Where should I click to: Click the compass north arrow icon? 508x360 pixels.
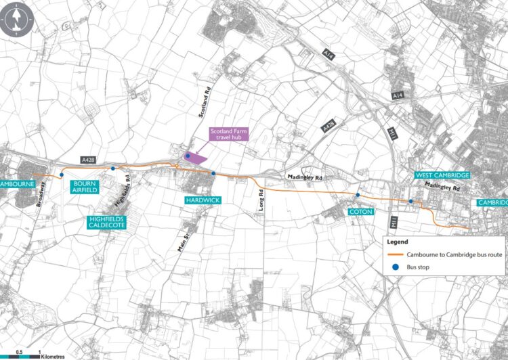[x=15, y=20]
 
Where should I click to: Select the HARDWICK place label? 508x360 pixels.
[x=201, y=201]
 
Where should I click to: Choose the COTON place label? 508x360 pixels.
[x=357, y=212]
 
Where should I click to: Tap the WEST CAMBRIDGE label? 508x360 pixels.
[x=443, y=175]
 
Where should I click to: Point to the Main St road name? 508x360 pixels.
[x=181, y=241]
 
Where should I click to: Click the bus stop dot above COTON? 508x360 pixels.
[x=358, y=194]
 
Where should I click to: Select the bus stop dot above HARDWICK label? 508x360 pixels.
[x=213, y=174]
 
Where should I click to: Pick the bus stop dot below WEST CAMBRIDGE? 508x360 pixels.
[x=410, y=202]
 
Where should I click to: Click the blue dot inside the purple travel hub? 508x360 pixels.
[x=187, y=156]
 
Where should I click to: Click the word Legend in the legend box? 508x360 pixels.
[x=398, y=241]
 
